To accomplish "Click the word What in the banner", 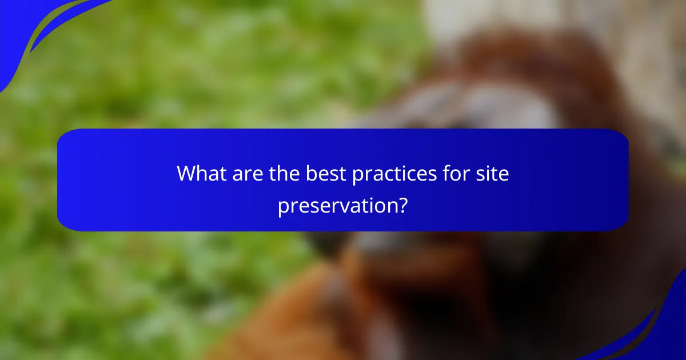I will coord(200,174).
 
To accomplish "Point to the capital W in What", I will coord(187,174).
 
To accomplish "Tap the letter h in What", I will coord(201,173).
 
